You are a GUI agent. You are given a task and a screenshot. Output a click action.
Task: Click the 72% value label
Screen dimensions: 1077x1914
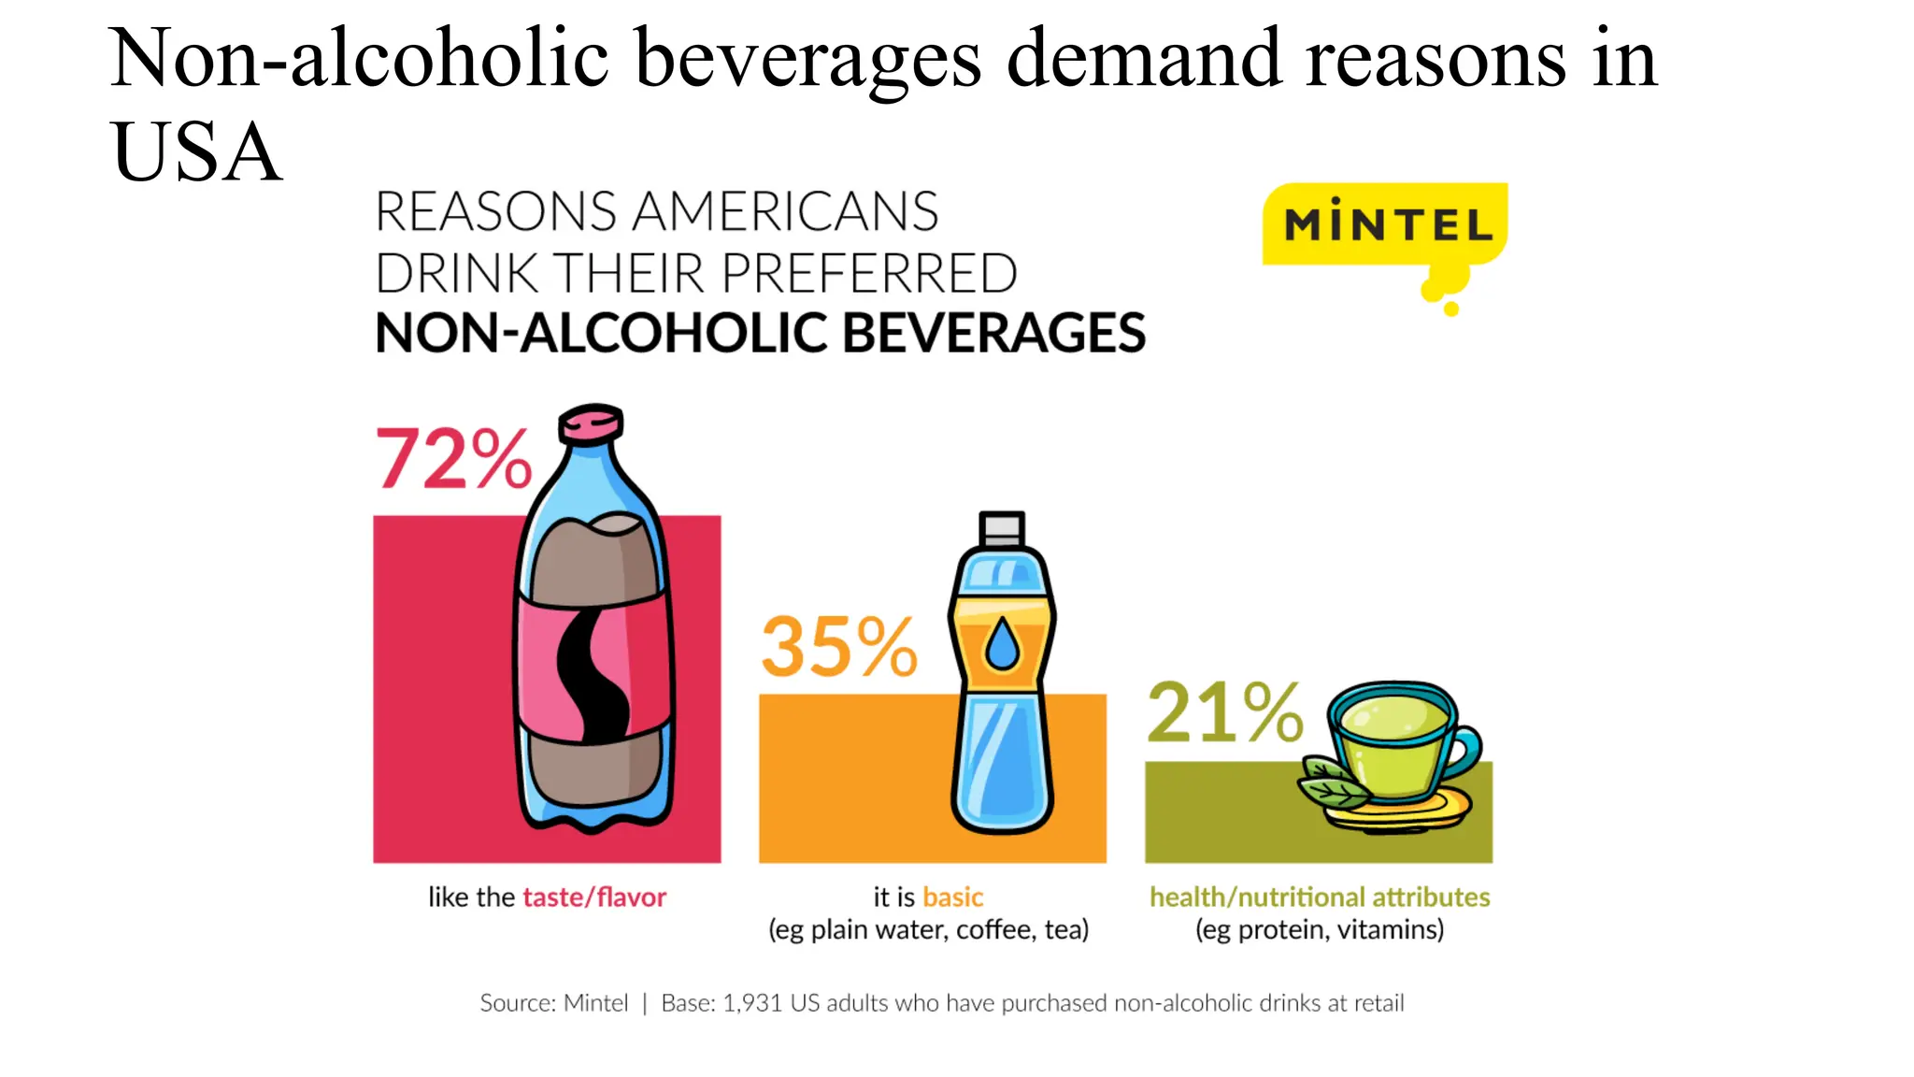pos(453,459)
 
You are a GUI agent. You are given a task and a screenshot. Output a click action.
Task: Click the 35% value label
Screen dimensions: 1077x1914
pos(838,647)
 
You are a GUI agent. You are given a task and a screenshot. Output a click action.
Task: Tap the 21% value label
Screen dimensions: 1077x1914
pos(1224,713)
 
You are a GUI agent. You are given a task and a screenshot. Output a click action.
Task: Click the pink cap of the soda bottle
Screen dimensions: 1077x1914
pos(591,423)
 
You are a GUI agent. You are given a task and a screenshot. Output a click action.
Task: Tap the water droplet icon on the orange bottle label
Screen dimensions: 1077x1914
pos(1002,644)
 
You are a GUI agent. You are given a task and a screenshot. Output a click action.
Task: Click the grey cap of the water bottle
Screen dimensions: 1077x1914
pos(1002,529)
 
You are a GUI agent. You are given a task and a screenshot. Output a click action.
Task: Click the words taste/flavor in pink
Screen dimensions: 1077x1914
pos(593,897)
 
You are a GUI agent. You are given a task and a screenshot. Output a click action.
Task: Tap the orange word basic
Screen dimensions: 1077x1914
pos(952,897)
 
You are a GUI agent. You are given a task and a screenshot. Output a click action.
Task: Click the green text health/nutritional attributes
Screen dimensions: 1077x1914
pos(1319,897)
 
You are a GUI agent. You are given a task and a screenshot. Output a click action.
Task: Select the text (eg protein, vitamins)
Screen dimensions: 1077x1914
pos(1319,930)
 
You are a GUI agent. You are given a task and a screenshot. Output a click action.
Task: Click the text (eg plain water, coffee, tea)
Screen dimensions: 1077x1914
pos(928,930)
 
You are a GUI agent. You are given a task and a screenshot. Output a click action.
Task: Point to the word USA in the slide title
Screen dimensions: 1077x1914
pos(195,152)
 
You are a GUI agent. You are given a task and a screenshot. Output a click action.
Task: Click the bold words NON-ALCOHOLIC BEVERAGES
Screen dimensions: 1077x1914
pos(760,334)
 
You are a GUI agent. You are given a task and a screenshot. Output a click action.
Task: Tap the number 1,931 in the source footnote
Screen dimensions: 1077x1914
pos(751,1003)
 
